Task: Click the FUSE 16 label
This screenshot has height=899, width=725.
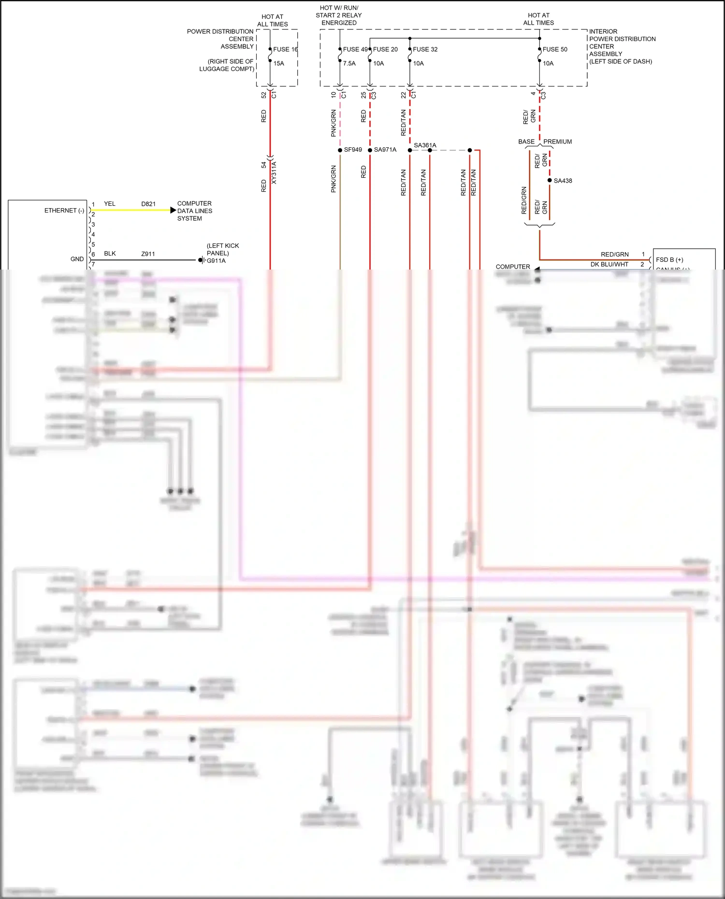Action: click(285, 49)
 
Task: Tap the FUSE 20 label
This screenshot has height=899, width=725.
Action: click(385, 49)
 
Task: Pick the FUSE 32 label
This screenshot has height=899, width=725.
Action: click(425, 49)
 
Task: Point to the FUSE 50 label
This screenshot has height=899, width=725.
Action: click(555, 49)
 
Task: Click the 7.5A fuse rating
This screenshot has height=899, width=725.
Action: click(349, 63)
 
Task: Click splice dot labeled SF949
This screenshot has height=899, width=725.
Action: click(340, 150)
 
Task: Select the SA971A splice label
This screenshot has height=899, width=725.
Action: click(385, 150)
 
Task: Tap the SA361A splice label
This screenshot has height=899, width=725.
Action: click(425, 145)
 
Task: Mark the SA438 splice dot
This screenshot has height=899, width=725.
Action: click(550, 181)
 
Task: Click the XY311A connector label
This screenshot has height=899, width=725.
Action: click(274, 172)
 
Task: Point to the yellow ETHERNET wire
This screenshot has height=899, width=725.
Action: click(130, 210)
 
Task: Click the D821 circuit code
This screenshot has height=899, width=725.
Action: click(148, 204)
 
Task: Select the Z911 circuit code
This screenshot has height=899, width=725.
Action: click(148, 254)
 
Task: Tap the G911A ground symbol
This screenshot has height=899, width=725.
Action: click(202, 260)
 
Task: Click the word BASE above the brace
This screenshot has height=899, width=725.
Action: click(526, 142)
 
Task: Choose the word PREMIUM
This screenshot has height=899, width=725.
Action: click(557, 142)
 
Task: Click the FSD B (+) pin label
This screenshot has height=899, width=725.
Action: click(669, 259)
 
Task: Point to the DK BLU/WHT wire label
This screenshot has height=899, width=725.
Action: click(609, 264)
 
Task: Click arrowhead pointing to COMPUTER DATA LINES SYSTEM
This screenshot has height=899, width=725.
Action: click(173, 210)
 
